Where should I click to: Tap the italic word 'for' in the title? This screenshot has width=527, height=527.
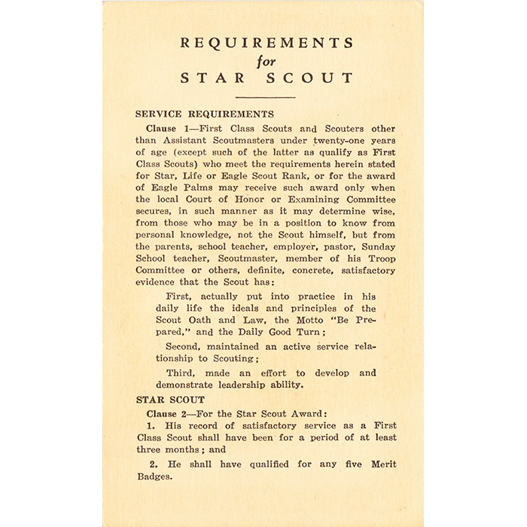click(x=266, y=61)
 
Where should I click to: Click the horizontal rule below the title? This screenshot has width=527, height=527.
click(x=265, y=97)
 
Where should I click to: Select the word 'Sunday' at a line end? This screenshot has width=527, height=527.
click(x=379, y=246)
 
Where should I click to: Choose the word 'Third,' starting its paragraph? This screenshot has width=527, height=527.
click(x=181, y=373)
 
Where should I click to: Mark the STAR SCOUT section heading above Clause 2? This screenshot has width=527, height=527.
click(x=169, y=400)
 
